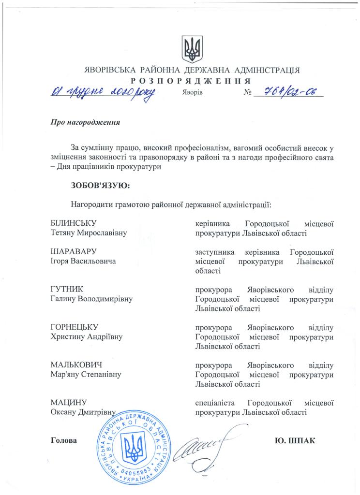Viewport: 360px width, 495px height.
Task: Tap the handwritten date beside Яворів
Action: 103,92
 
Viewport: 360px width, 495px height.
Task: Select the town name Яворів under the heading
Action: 192,92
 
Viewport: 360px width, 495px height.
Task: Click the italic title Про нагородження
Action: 85,122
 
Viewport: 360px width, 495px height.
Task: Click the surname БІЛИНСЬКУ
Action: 74,224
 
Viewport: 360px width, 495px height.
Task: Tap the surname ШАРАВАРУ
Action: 74,252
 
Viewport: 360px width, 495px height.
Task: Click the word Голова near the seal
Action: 64,440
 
